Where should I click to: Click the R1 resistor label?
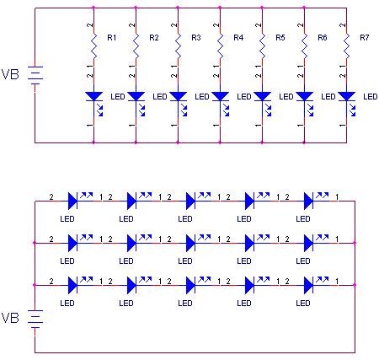(112, 37)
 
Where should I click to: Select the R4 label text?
(238, 37)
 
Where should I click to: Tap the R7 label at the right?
(365, 37)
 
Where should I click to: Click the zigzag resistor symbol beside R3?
(178, 46)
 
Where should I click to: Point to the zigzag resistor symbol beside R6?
(304, 46)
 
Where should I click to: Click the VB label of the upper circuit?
(10, 74)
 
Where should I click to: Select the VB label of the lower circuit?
(10, 318)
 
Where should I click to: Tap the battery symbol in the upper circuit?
(35, 75)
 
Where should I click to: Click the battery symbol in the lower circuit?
(35, 319)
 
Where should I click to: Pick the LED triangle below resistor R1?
(93, 96)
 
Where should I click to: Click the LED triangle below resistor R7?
(346, 96)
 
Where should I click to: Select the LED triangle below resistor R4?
(220, 96)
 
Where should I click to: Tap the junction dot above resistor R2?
(136, 8)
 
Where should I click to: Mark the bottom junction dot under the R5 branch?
(262, 142)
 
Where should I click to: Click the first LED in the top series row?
(73, 201)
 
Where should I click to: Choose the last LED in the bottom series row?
(309, 285)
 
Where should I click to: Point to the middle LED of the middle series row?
(191, 243)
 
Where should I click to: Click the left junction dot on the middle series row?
(35, 243)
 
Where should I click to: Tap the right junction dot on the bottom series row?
(355, 285)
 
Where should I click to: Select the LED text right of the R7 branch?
(371, 97)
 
